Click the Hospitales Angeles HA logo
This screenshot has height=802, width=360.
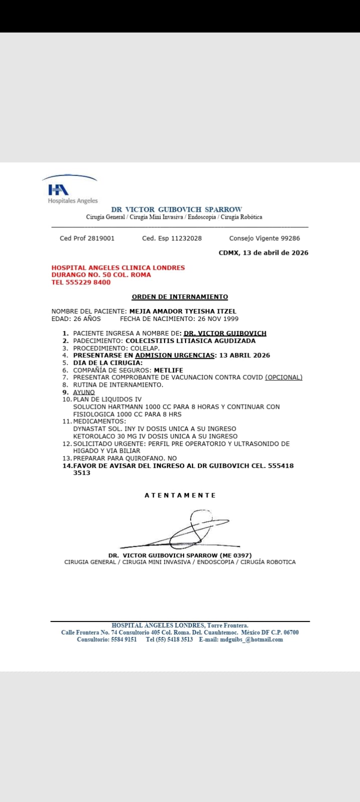(x=59, y=190)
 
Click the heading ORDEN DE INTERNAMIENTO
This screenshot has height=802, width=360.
(x=179, y=297)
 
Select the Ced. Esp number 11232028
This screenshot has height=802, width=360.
(x=187, y=238)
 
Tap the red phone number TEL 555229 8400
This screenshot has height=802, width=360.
(x=81, y=282)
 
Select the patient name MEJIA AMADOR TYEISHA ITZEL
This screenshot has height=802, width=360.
(x=183, y=311)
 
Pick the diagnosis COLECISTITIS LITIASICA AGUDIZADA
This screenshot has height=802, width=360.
(x=190, y=341)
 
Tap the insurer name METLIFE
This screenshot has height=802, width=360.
(x=168, y=370)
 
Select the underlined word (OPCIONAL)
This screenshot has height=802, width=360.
(x=283, y=377)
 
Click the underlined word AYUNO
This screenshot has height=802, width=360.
(x=84, y=392)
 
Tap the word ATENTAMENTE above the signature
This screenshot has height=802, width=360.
(x=180, y=495)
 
